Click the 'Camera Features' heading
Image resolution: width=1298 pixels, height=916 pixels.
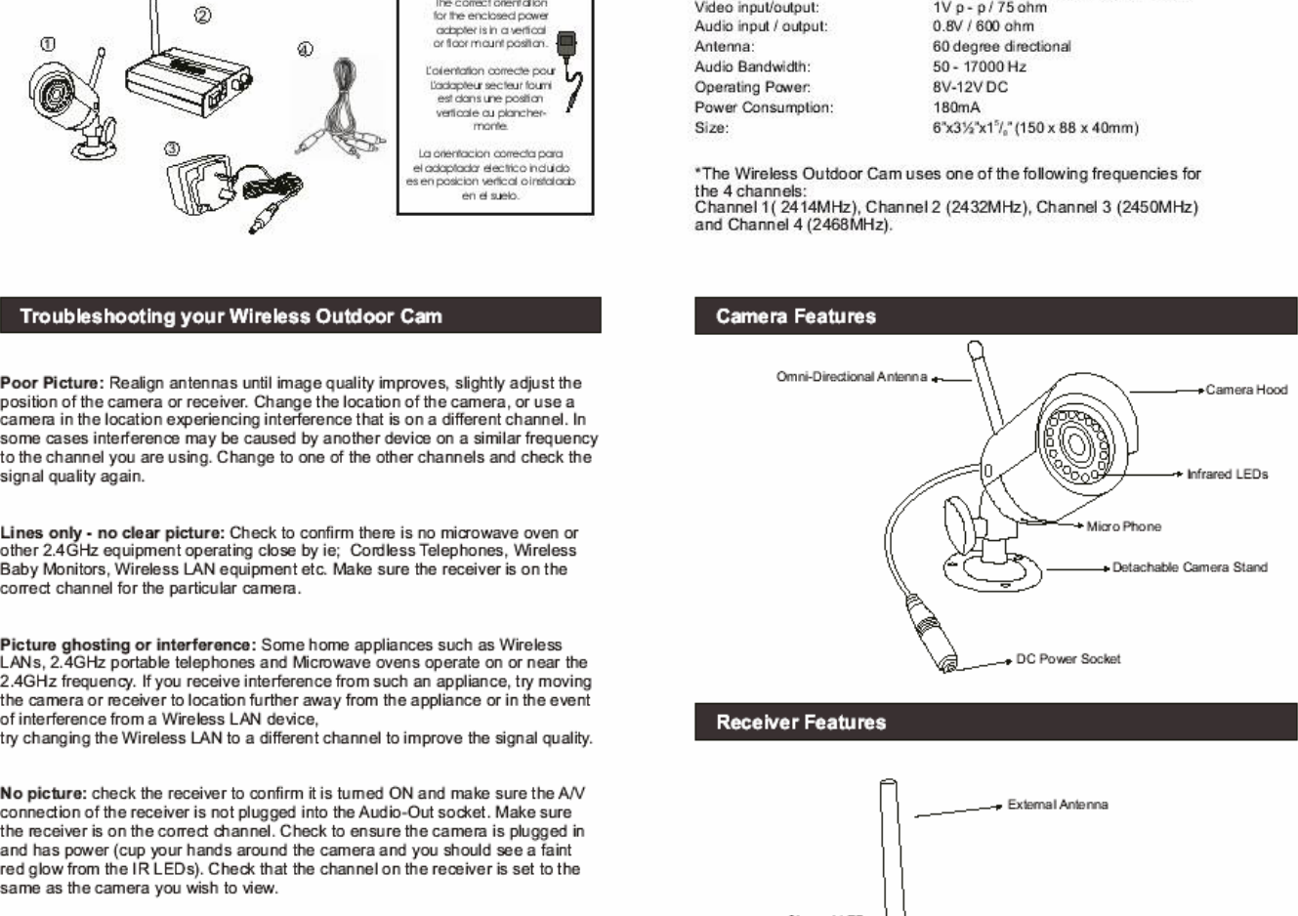(795, 316)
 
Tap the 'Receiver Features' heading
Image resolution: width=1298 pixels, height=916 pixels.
(800, 723)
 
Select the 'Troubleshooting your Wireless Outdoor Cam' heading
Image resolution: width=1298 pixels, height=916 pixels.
(230, 316)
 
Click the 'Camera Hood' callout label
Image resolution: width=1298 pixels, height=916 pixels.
(1245, 390)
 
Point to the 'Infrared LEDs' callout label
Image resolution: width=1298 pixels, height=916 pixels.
(1227, 475)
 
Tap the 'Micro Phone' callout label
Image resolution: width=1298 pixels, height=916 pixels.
(1123, 527)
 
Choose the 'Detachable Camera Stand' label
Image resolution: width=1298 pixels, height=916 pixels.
(1189, 567)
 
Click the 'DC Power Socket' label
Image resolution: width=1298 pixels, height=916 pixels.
(1068, 659)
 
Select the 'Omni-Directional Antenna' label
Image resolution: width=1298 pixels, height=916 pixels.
(851, 377)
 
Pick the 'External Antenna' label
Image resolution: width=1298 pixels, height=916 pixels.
(1057, 806)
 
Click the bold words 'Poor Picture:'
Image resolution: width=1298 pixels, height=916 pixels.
(52, 383)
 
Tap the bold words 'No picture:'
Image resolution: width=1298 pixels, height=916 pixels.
(44, 794)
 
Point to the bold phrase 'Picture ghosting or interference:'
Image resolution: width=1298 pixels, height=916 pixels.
(128, 645)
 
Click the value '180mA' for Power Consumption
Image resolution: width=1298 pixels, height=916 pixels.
(956, 107)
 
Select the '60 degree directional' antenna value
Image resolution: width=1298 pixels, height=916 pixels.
(1001, 47)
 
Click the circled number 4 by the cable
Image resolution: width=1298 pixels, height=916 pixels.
(305, 50)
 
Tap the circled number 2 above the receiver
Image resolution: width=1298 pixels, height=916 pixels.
(202, 16)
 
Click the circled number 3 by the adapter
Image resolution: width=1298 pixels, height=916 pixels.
(172, 149)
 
